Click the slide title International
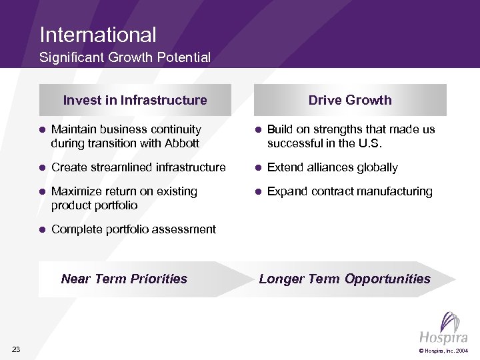98,35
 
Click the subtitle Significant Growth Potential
125,58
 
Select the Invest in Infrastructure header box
135,100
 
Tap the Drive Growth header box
350,100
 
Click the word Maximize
76,191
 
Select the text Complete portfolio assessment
133,229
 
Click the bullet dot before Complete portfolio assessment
41,229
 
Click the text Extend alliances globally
332,167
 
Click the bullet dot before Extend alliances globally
257,167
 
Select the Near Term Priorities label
124,279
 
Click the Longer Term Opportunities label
345,279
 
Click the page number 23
16,349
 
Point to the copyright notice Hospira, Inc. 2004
443,350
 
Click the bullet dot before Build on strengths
257,129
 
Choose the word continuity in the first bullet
177,129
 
